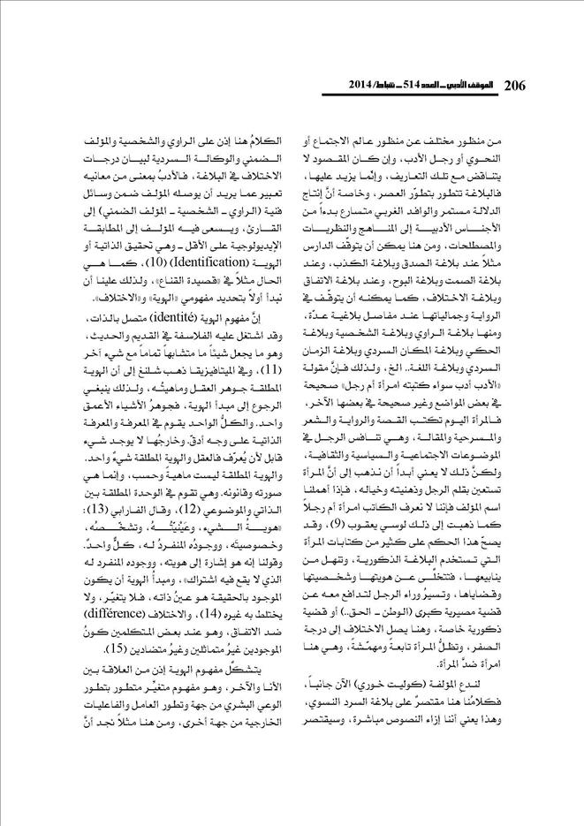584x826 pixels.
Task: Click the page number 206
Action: [514, 87]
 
